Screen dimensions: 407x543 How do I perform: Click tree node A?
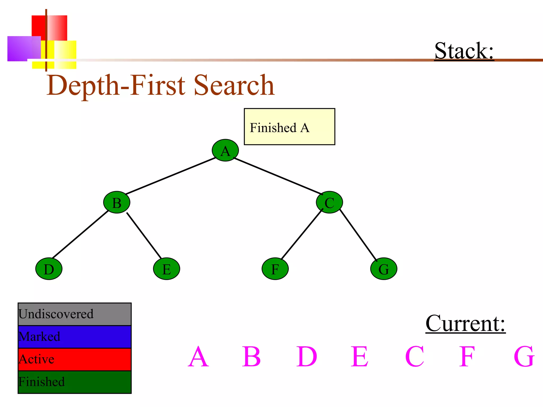[225, 150]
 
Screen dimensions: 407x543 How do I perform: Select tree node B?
[117, 202]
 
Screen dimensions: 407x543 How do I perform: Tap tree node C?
[329, 202]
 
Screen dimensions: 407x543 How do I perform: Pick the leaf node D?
[49, 269]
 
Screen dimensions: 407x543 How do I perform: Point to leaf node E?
[167, 269]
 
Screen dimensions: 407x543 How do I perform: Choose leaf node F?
[275, 269]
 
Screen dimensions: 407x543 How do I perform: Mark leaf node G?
[384, 269]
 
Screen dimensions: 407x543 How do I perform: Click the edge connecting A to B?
[171, 176]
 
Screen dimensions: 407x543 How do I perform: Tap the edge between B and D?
[80, 234]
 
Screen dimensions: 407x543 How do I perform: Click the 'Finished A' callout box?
[289, 127]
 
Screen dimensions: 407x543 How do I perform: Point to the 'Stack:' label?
[464, 51]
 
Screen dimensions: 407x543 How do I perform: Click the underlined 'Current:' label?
[465, 324]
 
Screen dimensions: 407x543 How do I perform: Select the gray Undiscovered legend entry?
[75, 314]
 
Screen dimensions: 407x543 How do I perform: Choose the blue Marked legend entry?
[75, 337]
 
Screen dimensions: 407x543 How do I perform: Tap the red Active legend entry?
[75, 359]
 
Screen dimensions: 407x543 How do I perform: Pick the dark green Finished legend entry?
[75, 382]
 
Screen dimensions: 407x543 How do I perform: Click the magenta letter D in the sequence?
[306, 357]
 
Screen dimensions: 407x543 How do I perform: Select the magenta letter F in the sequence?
[467, 357]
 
